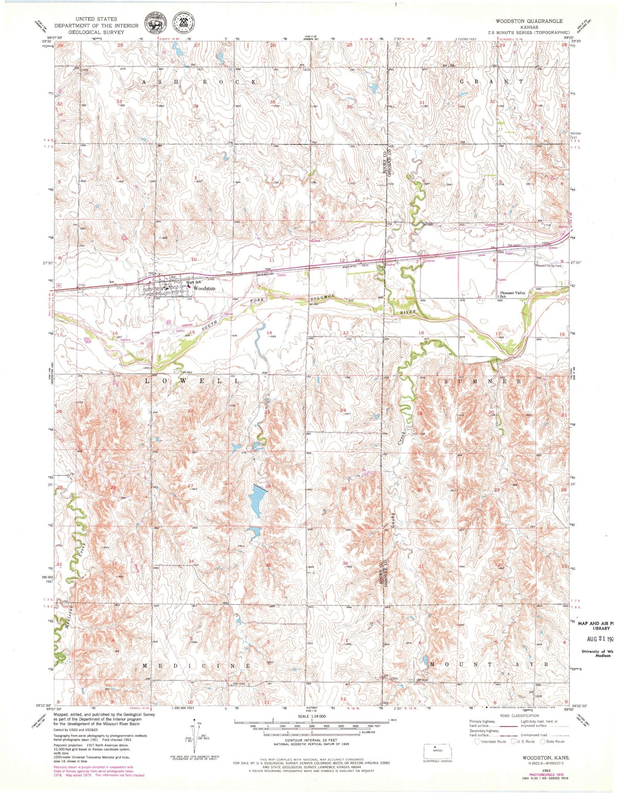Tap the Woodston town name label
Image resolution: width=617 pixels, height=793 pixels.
[x=205, y=289]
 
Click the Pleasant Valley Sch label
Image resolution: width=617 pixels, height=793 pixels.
[x=512, y=294]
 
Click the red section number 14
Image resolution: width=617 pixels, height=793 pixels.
[x=269, y=332]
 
